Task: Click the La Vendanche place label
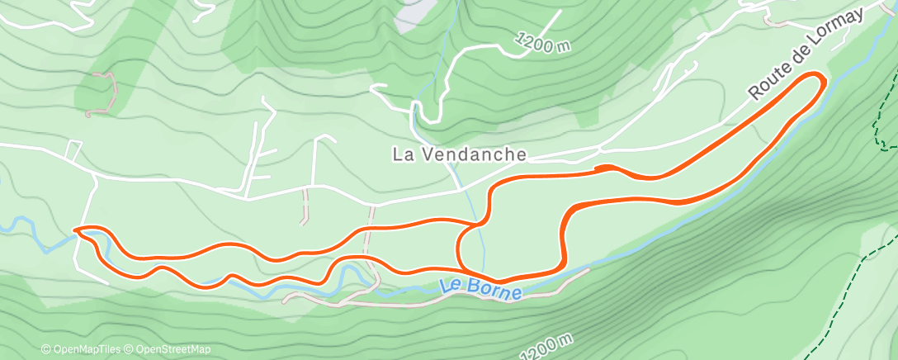(459, 154)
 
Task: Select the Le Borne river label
(480, 289)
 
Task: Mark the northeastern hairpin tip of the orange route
(820, 78)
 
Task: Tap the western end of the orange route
(77, 229)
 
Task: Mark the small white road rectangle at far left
(73, 151)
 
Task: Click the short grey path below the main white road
(305, 206)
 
